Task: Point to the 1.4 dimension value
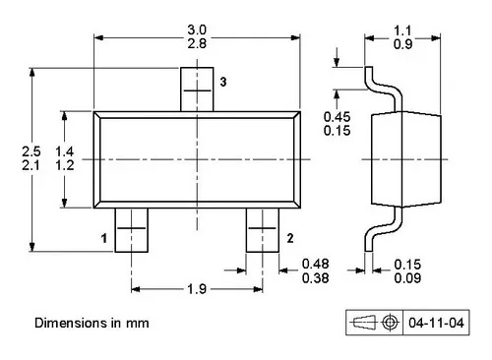pyautogui.click(x=65, y=150)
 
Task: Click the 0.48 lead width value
pyautogui.click(x=315, y=263)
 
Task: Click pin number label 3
pyautogui.click(x=222, y=83)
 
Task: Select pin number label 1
pyautogui.click(x=104, y=237)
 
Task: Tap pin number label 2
pyautogui.click(x=290, y=237)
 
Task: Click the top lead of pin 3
pyautogui.click(x=200, y=90)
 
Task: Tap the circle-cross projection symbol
pyautogui.click(x=390, y=322)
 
